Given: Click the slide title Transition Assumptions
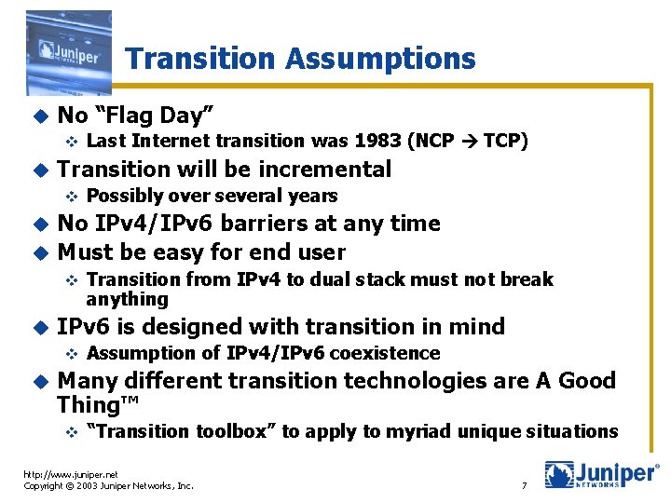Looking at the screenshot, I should tap(300, 60).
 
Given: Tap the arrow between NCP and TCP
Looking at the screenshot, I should tap(470, 142).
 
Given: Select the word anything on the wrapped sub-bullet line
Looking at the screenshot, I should tap(127, 299).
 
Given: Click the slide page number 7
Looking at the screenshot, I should tap(525, 486).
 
